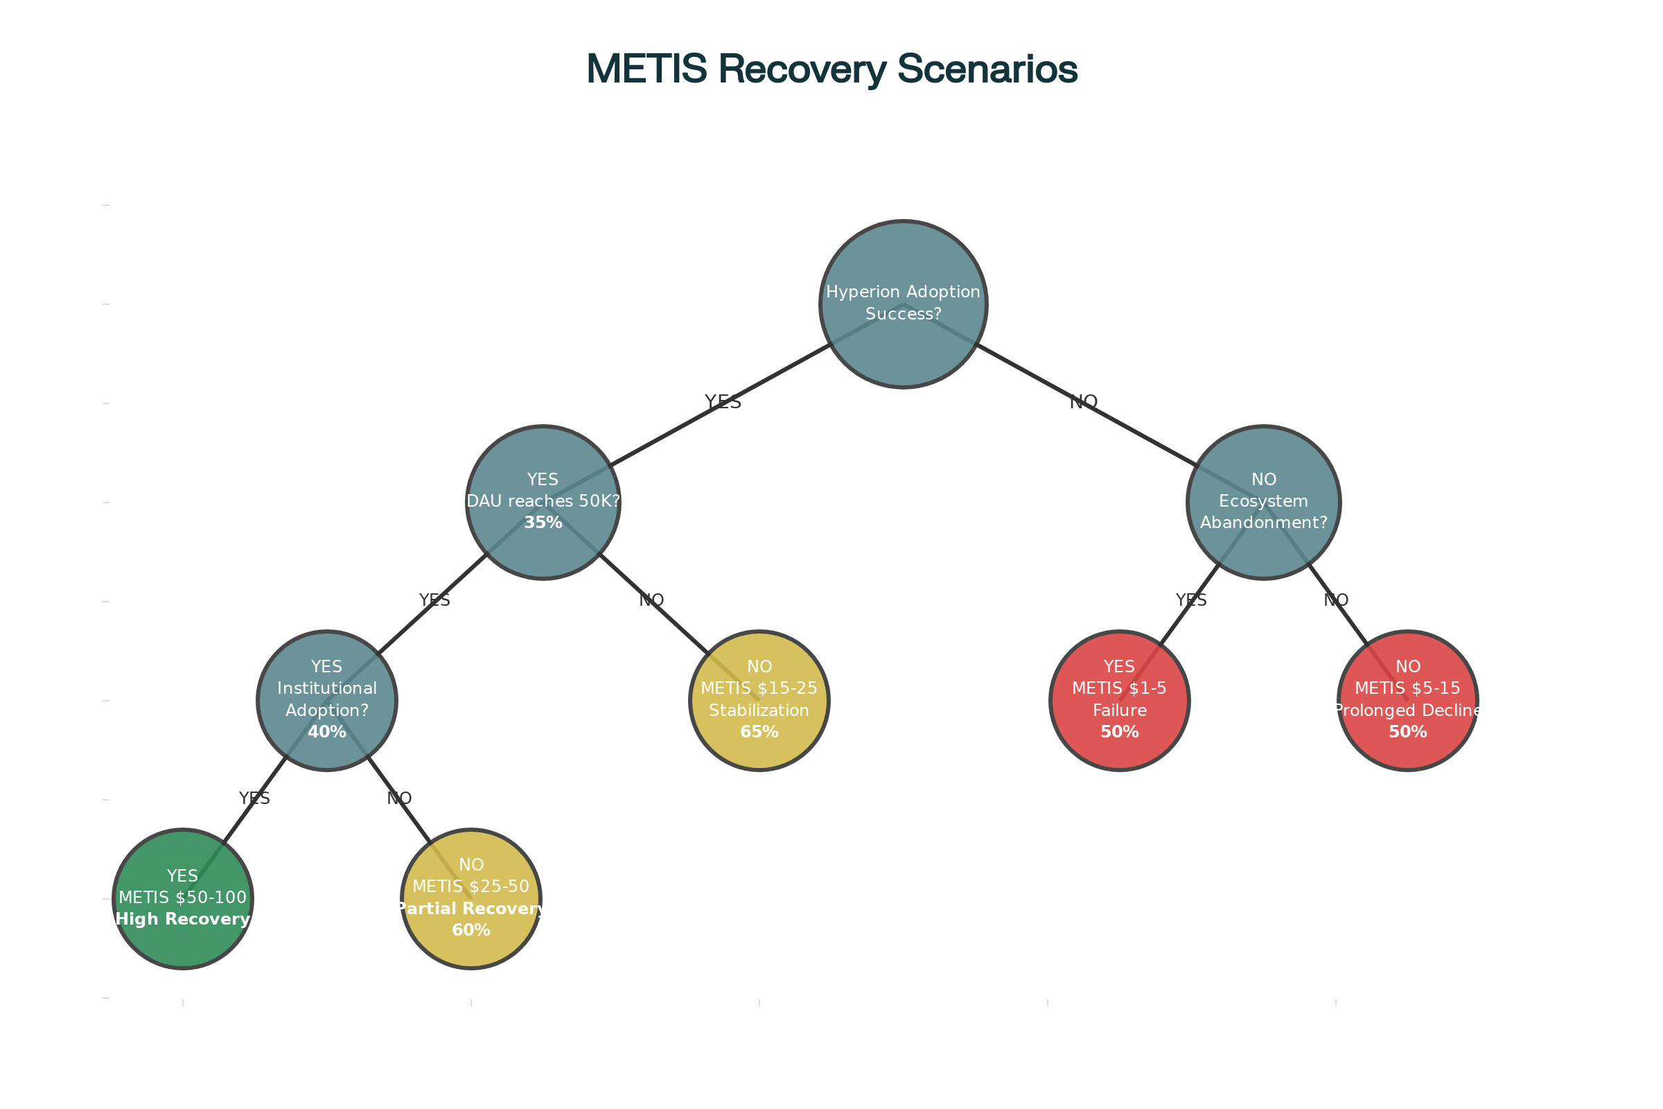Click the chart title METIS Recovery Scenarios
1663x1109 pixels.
(x=831, y=69)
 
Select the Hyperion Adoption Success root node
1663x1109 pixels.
(x=903, y=304)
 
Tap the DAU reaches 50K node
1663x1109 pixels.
(x=543, y=501)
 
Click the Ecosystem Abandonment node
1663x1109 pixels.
(x=1263, y=501)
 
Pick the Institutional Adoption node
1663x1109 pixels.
(x=326, y=699)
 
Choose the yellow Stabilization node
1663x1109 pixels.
(x=759, y=699)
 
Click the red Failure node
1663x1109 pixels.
(x=1119, y=699)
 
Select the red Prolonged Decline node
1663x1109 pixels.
(x=1408, y=699)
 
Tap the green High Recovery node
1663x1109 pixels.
(x=182, y=898)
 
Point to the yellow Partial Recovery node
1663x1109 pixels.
(x=471, y=898)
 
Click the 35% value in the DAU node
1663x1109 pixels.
(x=543, y=523)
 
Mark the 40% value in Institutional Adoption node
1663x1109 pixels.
(x=326, y=732)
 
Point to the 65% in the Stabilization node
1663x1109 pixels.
(x=759, y=732)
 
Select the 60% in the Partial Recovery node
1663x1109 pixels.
(x=471, y=930)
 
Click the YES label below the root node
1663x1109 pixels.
(x=723, y=402)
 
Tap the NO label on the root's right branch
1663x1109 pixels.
(x=1083, y=402)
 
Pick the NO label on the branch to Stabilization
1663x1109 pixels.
(x=651, y=600)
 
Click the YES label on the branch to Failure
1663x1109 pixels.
(x=1190, y=600)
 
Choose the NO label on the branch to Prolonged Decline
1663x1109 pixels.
(x=1336, y=600)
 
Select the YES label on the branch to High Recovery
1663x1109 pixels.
(x=254, y=798)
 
